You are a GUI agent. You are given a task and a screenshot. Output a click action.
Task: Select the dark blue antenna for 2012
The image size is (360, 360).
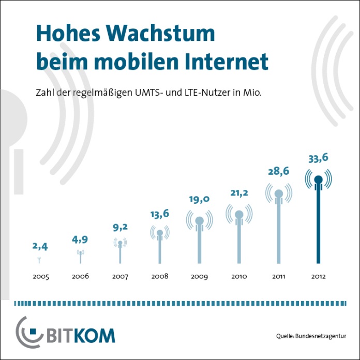click(319, 217)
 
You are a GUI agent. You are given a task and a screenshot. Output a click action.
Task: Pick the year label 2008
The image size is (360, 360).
click(160, 277)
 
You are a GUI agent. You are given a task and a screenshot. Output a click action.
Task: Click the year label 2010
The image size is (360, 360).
click(239, 277)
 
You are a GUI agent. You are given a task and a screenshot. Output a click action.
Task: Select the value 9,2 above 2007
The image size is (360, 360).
click(120, 227)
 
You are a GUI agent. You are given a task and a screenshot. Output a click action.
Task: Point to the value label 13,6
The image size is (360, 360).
click(160, 214)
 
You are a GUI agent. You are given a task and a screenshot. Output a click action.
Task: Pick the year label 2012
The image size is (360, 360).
click(319, 277)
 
